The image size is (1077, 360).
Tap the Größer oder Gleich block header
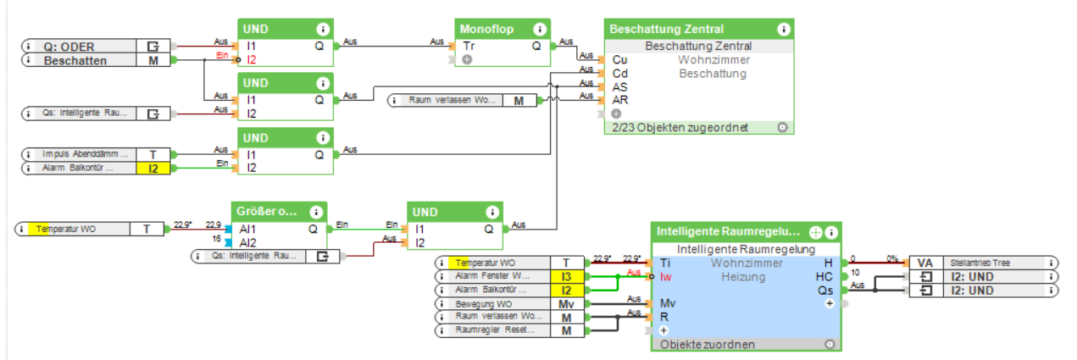coord(267,211)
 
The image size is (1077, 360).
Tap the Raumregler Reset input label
coord(491,330)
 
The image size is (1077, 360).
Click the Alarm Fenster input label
coord(491,276)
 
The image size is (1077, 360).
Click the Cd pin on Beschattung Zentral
coord(619,73)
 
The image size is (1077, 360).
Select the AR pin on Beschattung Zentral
coord(619,100)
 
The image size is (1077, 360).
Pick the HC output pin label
coord(824,276)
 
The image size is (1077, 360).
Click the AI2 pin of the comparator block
coord(247,242)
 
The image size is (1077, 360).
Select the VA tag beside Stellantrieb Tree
coord(924,263)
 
